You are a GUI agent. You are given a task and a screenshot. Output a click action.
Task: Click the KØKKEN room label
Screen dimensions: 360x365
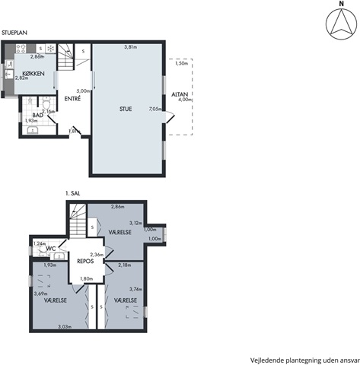point(33,74)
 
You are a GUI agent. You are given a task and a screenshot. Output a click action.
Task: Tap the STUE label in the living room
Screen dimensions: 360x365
point(126,109)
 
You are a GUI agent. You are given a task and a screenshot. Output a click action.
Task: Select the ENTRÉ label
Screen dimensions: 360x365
point(72,99)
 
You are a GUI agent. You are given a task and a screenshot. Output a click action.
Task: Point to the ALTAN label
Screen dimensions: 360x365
point(180,94)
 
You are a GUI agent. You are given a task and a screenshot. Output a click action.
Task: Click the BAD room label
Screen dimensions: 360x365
point(37,116)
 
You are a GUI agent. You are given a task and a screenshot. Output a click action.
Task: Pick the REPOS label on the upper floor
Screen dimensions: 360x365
point(85,261)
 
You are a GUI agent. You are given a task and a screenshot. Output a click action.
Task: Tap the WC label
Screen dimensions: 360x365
point(51,249)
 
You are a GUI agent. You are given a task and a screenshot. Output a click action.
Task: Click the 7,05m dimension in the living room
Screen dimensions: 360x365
point(155,109)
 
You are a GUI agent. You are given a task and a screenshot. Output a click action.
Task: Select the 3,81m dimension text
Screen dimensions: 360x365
point(131,47)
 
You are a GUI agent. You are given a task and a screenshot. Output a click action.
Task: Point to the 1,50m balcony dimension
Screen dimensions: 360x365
point(181,63)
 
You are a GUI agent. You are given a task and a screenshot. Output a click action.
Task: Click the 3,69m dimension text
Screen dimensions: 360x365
point(41,294)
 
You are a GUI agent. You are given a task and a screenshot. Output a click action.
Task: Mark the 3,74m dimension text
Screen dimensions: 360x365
point(135,289)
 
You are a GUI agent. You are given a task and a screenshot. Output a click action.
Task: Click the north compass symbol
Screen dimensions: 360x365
point(341,24)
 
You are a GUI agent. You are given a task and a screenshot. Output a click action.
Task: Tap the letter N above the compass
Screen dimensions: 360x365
point(342,4)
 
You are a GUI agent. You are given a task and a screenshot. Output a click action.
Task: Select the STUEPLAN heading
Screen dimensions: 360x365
point(14,33)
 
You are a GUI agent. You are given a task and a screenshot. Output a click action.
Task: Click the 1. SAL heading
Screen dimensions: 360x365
point(73,193)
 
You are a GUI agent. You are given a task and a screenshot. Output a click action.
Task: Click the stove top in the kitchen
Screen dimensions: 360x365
point(21,49)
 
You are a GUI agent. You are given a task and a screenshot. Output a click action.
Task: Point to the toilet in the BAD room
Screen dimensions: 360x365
point(46,103)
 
